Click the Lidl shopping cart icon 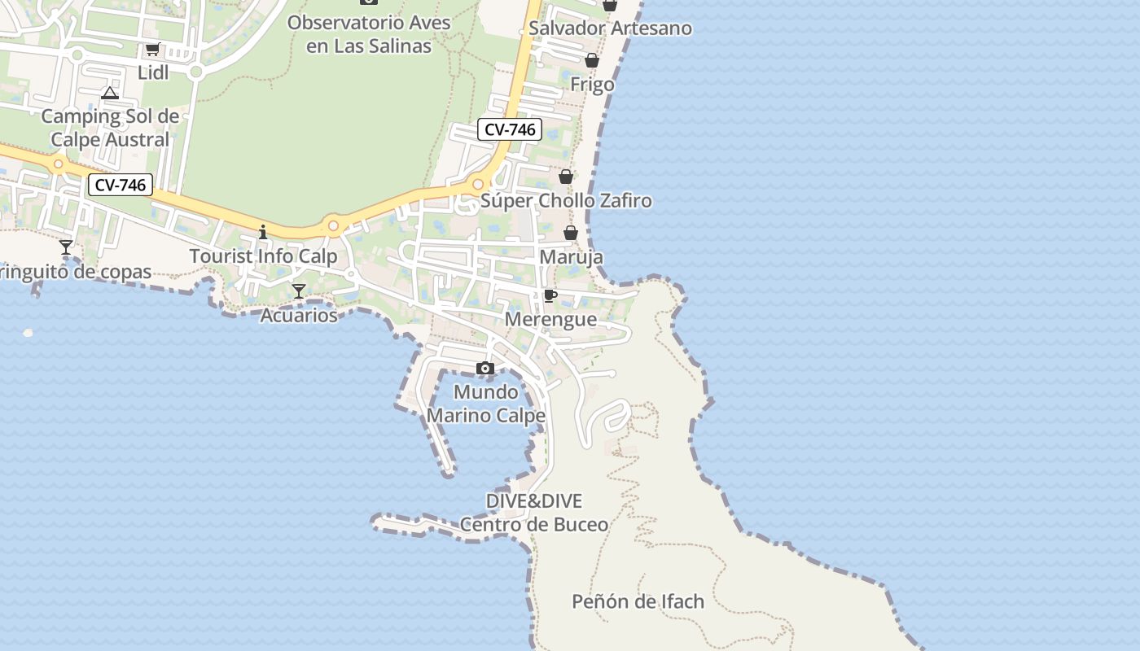[152, 50]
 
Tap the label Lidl [153, 72]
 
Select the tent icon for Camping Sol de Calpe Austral [110, 93]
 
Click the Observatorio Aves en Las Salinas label [369, 34]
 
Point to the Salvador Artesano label [610, 28]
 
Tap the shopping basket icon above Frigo [592, 60]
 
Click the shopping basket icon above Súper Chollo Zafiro [566, 177]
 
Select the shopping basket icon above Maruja [571, 234]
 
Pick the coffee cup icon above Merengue [550, 295]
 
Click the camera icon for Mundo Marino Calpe [485, 369]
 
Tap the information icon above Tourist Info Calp [263, 233]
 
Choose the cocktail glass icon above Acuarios [299, 291]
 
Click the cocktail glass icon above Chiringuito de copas [66, 247]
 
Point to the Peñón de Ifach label [638, 602]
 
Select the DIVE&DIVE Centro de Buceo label [534, 513]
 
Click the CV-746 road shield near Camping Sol [120, 186]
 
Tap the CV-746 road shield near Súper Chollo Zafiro [509, 129]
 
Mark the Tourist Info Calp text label [263, 256]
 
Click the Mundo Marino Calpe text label [486, 404]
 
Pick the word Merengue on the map [550, 319]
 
